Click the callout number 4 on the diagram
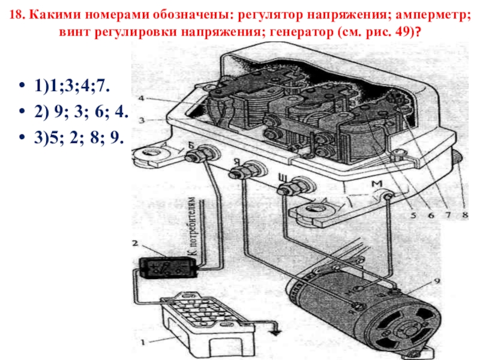[x=141, y=98]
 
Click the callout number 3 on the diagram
[x=141, y=121]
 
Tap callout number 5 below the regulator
[x=413, y=215]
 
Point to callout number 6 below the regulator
[x=431, y=215]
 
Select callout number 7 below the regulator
[x=448, y=215]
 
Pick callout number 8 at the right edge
[x=465, y=215]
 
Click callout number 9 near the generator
[x=437, y=281]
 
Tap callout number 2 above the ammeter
[x=135, y=244]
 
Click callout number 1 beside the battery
[x=142, y=342]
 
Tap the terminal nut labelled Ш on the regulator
[x=288, y=187]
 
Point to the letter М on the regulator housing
[x=377, y=184]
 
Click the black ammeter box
[x=167, y=268]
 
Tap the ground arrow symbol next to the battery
[x=277, y=330]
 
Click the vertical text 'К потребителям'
[x=191, y=226]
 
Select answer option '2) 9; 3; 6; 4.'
[x=81, y=112]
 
